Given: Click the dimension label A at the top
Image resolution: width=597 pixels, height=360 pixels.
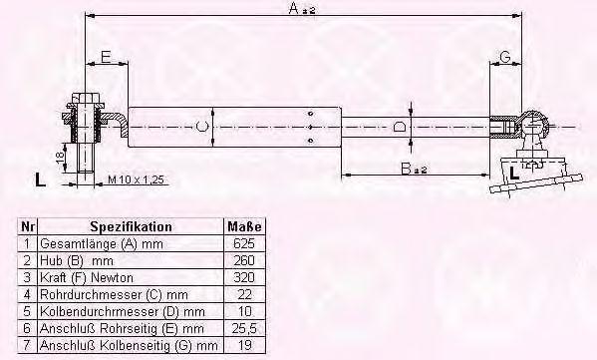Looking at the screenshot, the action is click(302, 8).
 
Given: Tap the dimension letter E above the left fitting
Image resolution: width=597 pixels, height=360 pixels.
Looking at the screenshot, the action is click(106, 57).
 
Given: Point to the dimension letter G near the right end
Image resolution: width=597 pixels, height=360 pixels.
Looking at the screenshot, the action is click(505, 57).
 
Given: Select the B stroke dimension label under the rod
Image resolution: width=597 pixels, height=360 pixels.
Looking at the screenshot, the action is click(414, 168).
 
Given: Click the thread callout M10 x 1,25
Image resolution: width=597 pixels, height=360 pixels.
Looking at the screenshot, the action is click(136, 180).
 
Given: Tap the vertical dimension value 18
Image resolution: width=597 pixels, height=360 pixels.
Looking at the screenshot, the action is click(60, 157).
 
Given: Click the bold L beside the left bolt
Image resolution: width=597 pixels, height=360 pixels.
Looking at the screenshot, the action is click(40, 180).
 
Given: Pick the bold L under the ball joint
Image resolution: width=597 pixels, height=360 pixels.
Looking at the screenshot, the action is click(514, 174).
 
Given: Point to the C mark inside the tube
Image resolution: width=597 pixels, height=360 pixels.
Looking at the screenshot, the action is click(202, 126).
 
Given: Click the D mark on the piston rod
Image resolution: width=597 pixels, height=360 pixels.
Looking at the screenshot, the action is click(400, 126).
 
